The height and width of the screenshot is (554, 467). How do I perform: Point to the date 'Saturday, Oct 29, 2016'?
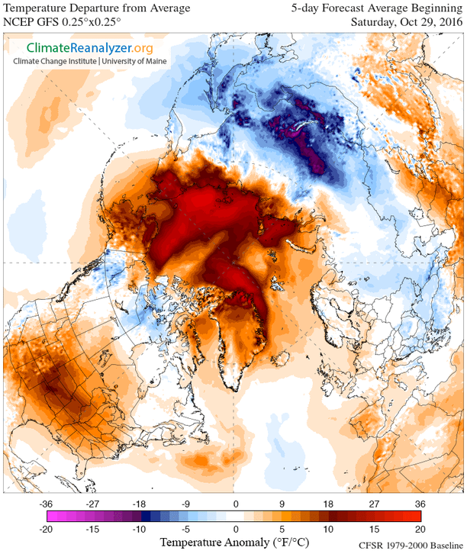click(405, 21)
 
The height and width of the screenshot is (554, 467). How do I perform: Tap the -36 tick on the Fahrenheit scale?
click(47, 504)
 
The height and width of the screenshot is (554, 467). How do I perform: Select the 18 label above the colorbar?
click(328, 504)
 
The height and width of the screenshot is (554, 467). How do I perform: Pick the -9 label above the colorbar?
click(187, 504)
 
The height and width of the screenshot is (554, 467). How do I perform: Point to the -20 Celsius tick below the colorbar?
click(47, 529)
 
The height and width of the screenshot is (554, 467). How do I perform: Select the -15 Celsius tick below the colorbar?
click(93, 529)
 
